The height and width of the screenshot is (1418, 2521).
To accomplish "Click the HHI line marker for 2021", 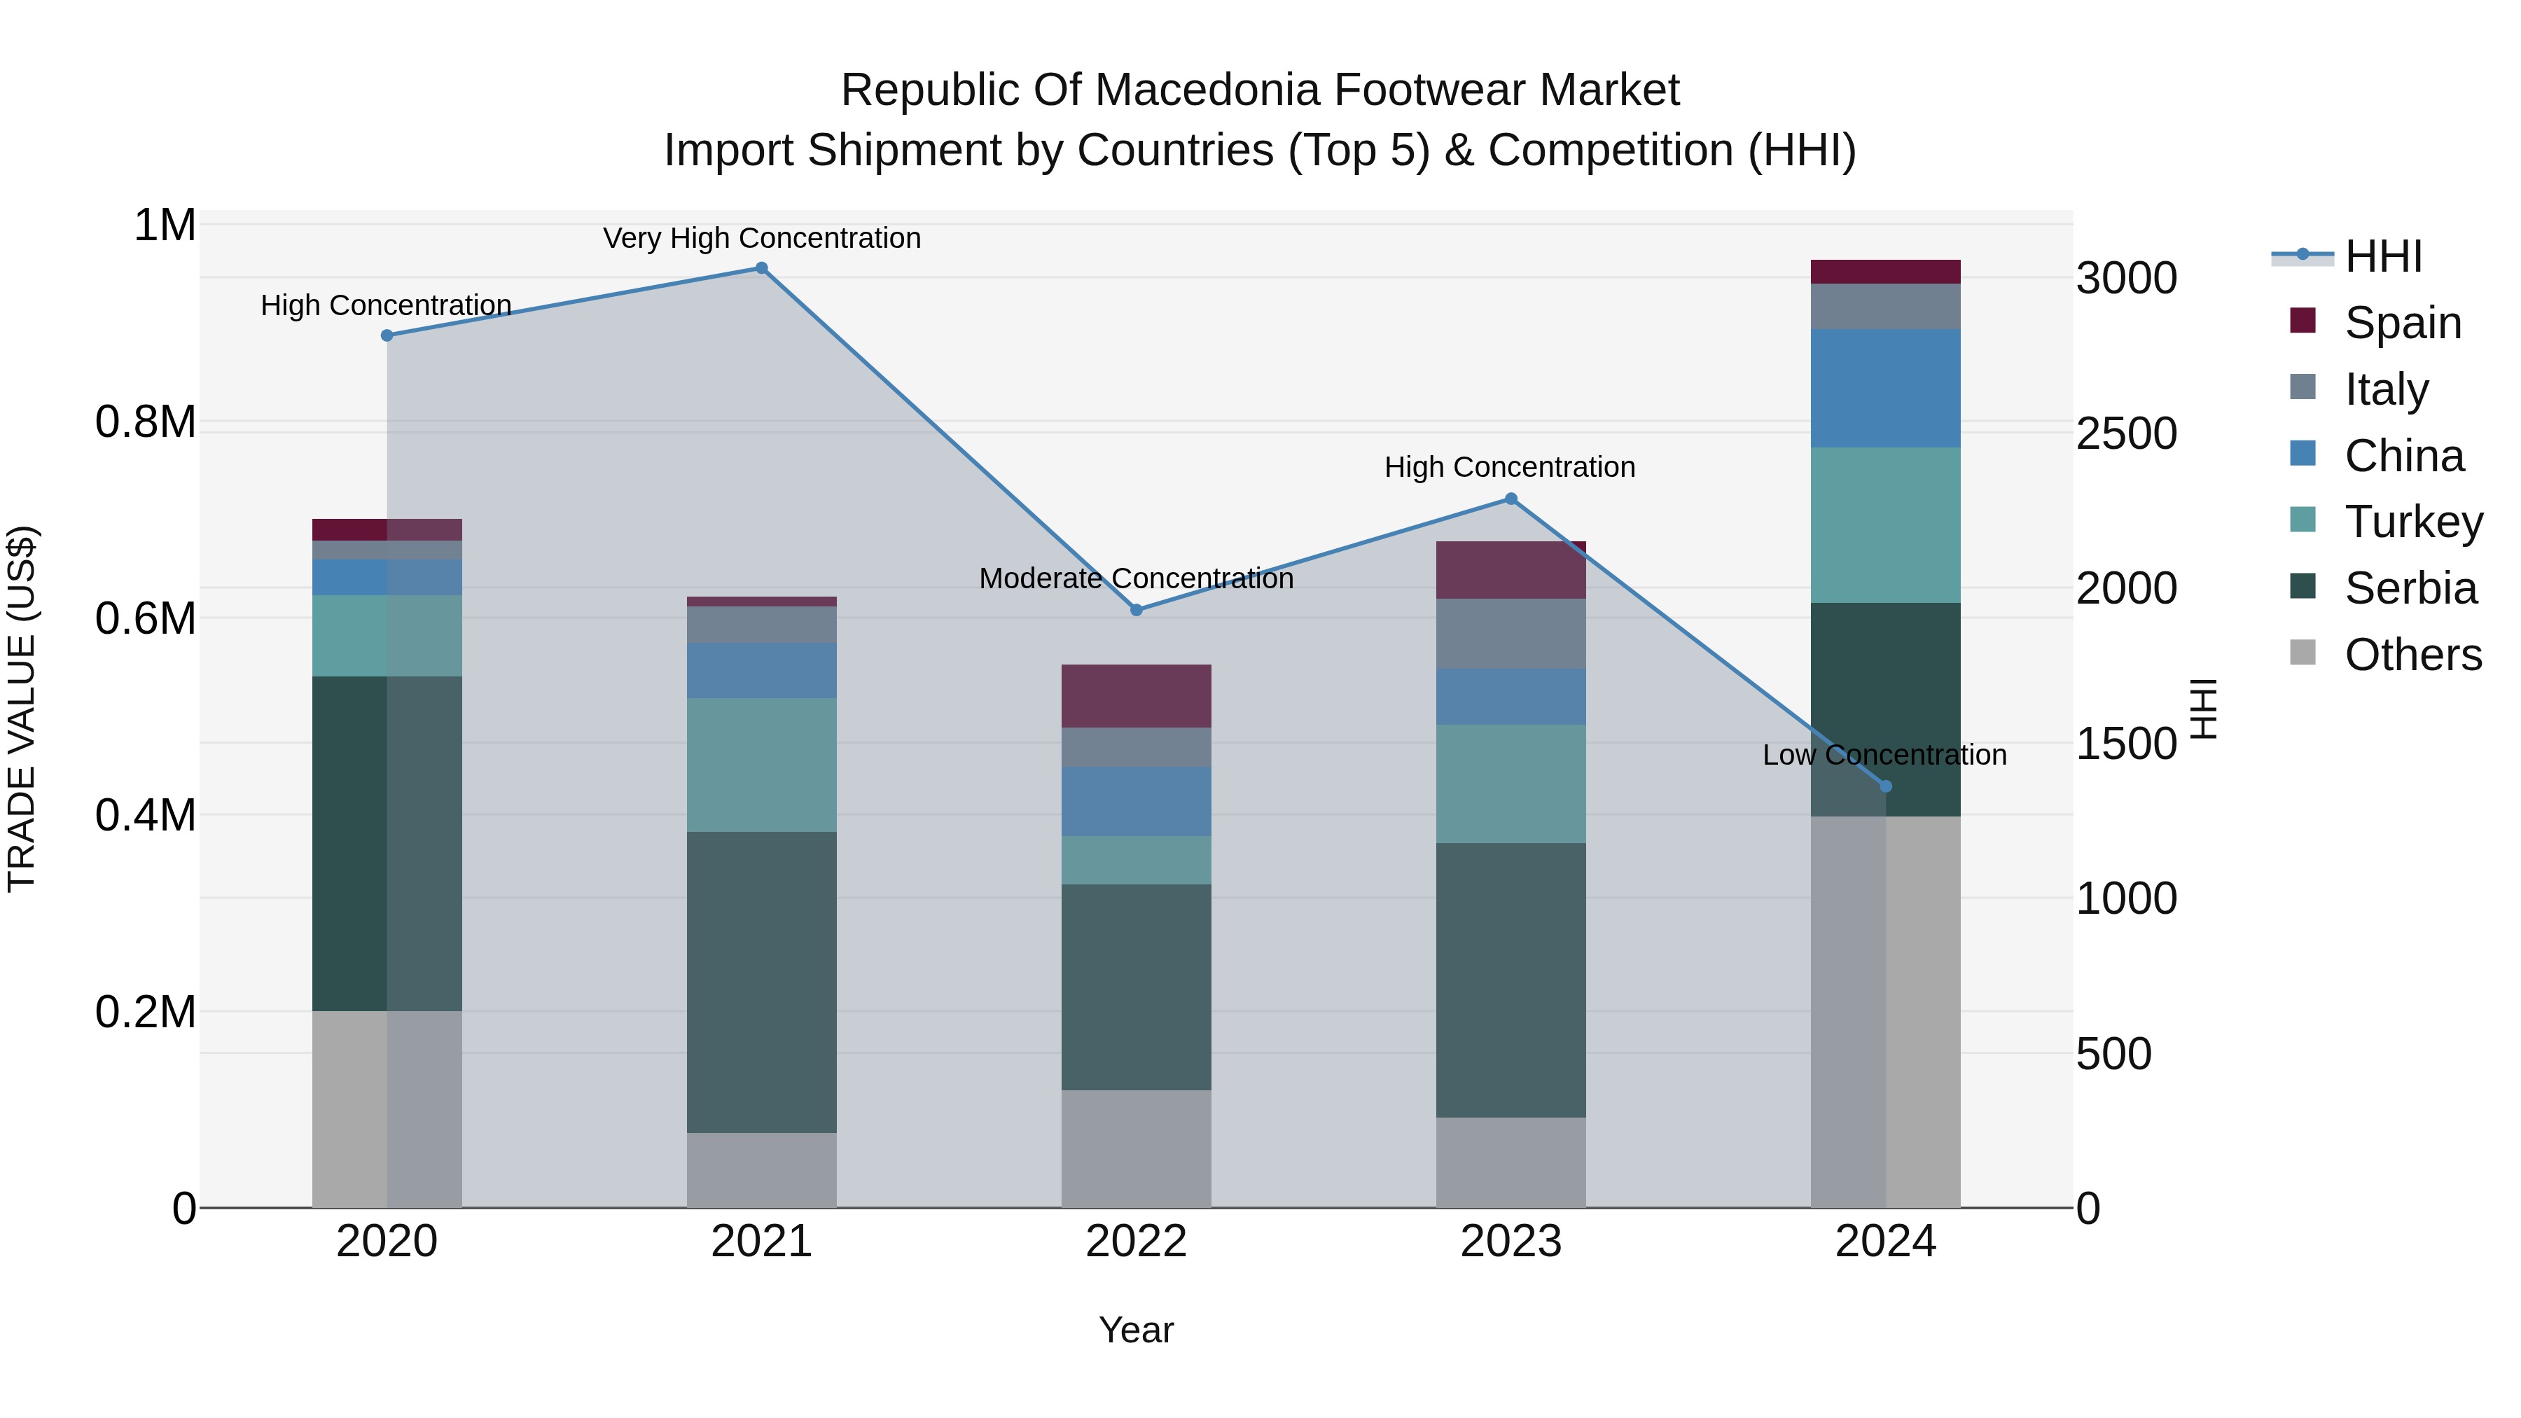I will pyautogui.click(x=761, y=268).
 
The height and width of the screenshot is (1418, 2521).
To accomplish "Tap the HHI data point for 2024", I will pyautogui.click(x=1886, y=786).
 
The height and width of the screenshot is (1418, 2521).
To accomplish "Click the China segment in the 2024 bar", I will pyautogui.click(x=1886, y=389).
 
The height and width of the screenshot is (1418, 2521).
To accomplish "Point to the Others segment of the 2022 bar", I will pyautogui.click(x=1137, y=1149).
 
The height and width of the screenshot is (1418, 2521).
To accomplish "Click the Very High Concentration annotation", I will pyautogui.click(x=761, y=238).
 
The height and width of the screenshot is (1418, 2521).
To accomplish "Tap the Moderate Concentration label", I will pyautogui.click(x=1137, y=578).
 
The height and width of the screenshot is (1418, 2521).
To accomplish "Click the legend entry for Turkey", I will pyautogui.click(x=2413, y=522).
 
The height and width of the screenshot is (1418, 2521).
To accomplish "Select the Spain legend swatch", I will pyautogui.click(x=2303, y=321).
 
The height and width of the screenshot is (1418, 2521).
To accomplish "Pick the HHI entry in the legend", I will pyautogui.click(x=2382, y=256).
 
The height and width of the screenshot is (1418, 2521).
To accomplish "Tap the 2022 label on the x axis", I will pyautogui.click(x=1137, y=1242).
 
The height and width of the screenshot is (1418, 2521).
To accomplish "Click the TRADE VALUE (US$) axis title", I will pyautogui.click(x=22, y=709).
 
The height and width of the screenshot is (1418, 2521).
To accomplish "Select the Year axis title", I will pyautogui.click(x=1137, y=1330).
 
